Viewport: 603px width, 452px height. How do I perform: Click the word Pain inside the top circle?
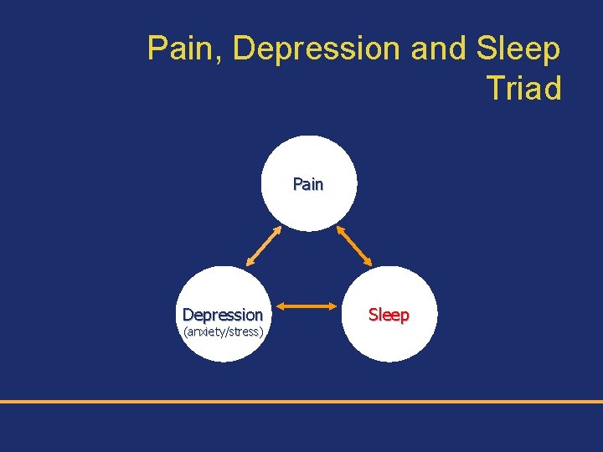[308, 184]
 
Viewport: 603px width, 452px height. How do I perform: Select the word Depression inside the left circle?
[223, 315]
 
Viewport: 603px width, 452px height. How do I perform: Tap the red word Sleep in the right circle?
[389, 315]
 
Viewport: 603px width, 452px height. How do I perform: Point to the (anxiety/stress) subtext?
[223, 332]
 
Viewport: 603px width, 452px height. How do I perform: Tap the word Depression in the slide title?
[317, 49]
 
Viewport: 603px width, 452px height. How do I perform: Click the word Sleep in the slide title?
[518, 49]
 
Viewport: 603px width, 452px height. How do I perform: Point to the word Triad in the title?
[523, 87]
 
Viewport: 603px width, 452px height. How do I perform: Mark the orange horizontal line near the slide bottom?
[301, 402]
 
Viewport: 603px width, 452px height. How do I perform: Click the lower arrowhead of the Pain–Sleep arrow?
[369, 261]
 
